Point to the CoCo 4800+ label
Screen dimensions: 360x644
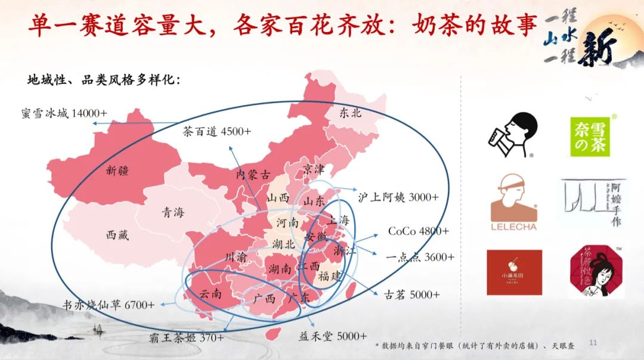pyautogui.click(x=419, y=231)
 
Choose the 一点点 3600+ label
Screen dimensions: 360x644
pyautogui.click(x=420, y=257)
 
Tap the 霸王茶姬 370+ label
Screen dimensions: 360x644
pyautogui.click(x=187, y=338)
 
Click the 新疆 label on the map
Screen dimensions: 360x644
pyautogui.click(x=117, y=170)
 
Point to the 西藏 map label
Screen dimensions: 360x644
pyautogui.click(x=117, y=235)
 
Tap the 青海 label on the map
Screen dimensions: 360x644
pyautogui.click(x=173, y=213)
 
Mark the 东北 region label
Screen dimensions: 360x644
pyautogui.click(x=351, y=112)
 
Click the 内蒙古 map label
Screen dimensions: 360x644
pyautogui.click(x=253, y=175)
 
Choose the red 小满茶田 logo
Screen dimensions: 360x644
pyautogui.click(x=514, y=272)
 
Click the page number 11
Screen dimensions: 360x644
pyautogui.click(x=593, y=343)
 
